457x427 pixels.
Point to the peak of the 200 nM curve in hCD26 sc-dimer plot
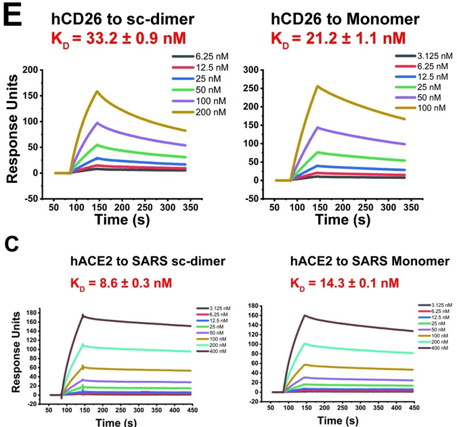coord(98,91)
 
